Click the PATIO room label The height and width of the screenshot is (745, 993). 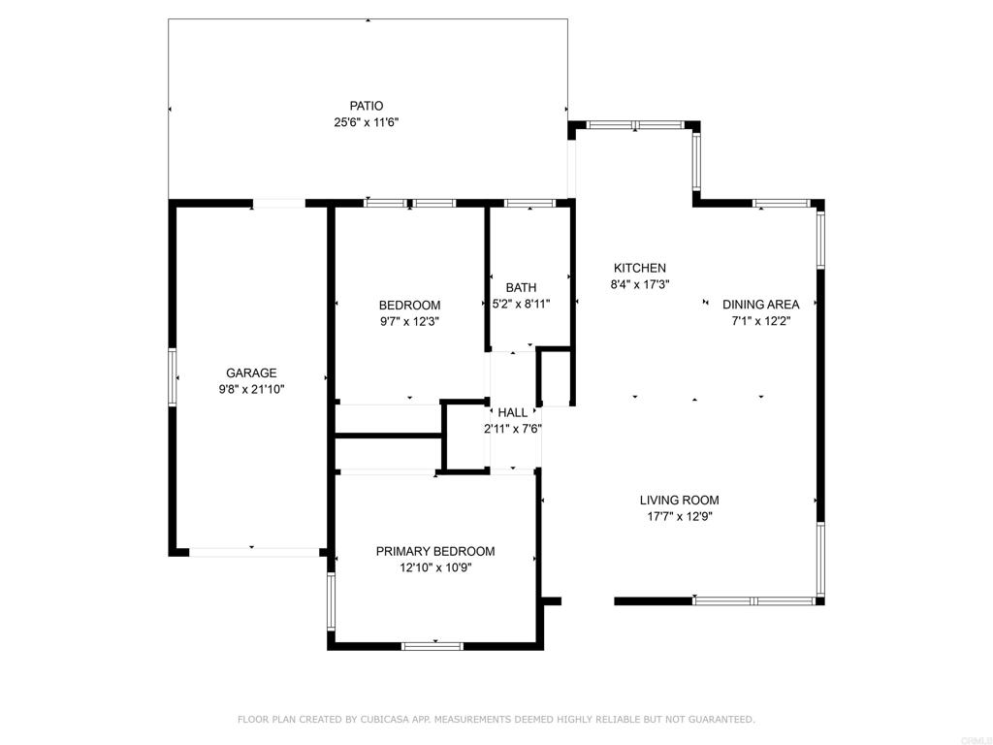(x=366, y=106)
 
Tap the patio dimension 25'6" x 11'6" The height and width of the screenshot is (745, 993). (x=366, y=122)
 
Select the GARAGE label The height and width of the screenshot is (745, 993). (x=251, y=373)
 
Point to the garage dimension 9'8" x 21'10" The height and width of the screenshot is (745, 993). (x=251, y=390)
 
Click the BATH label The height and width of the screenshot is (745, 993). (x=521, y=288)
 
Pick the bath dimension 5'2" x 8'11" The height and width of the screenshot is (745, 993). (x=521, y=304)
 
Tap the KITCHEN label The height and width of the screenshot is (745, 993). (x=640, y=268)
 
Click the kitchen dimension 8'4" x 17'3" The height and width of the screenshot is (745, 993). (x=640, y=284)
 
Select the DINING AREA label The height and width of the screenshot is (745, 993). (x=760, y=305)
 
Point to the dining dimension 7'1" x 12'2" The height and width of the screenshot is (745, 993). (x=760, y=321)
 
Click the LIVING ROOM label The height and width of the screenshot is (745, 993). (x=679, y=500)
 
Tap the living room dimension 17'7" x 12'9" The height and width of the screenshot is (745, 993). (x=679, y=516)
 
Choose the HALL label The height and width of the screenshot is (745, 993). (x=512, y=413)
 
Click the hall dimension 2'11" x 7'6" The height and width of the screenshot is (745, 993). (x=512, y=429)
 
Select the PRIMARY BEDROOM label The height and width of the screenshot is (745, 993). (x=435, y=552)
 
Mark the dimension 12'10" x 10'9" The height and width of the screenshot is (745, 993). (x=435, y=568)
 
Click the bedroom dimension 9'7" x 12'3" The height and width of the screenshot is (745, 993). (x=409, y=321)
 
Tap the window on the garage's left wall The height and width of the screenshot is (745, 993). (x=172, y=377)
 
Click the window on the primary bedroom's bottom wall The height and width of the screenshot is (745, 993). (x=433, y=646)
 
